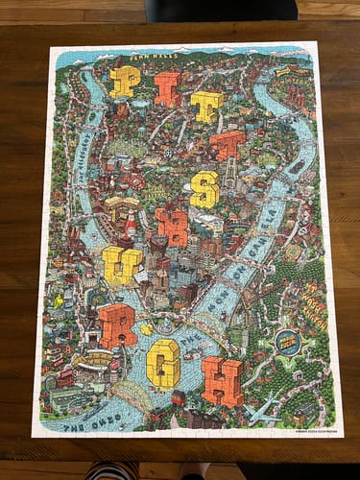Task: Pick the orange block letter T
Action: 228,146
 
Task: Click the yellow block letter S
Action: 204,189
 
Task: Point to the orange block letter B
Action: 173,227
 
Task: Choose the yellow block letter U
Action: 121,265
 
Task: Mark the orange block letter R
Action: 117,324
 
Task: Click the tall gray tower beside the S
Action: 230,177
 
